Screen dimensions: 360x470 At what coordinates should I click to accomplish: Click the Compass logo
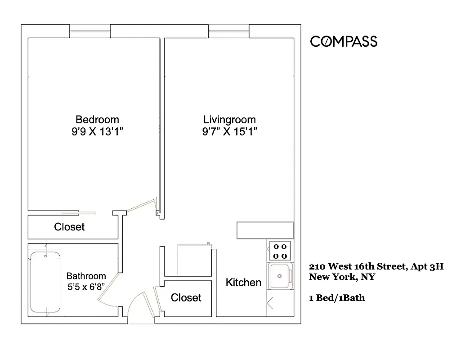(x=344, y=42)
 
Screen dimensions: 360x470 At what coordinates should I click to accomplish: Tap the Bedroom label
(x=97, y=120)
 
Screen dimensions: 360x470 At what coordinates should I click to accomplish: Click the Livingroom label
(x=229, y=120)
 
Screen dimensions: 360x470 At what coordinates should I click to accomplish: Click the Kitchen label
(x=243, y=283)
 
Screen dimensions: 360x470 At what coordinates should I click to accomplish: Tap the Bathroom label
(x=86, y=276)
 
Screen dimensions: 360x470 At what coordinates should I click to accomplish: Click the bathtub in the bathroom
(x=45, y=282)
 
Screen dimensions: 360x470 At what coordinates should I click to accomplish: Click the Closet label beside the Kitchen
(x=186, y=298)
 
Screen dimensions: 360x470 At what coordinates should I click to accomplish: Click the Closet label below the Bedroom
(x=69, y=227)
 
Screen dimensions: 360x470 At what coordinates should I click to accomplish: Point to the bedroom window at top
(x=90, y=31)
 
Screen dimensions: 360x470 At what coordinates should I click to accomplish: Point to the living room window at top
(x=228, y=31)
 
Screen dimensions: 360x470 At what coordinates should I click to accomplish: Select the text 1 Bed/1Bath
(x=337, y=297)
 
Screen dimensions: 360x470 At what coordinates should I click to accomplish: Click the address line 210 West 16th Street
(x=376, y=266)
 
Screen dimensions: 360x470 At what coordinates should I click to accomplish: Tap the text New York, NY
(x=342, y=277)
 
